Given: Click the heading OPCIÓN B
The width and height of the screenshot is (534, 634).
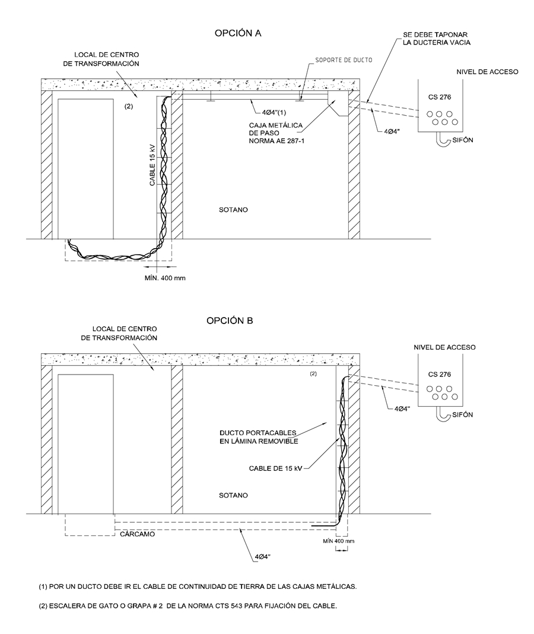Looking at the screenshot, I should click(x=230, y=321).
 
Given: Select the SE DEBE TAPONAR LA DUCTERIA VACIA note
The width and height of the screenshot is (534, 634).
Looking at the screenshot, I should click(x=434, y=39).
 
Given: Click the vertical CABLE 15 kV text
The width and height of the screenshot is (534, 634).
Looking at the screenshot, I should click(x=152, y=164).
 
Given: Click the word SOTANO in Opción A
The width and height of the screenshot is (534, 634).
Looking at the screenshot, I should click(x=232, y=210).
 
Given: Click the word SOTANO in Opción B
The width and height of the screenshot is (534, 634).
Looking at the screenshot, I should click(x=232, y=494).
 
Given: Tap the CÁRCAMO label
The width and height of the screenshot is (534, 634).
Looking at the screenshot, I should click(x=138, y=534).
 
